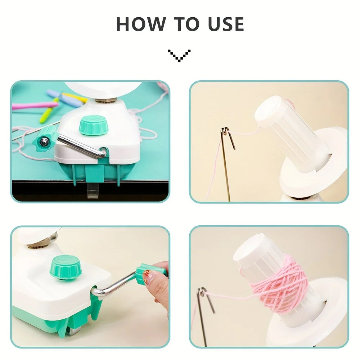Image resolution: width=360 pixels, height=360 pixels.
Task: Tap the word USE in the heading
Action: point(226,24)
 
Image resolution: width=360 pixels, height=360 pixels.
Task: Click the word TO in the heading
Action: point(186,24)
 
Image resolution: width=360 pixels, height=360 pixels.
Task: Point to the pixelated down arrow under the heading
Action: point(179,55)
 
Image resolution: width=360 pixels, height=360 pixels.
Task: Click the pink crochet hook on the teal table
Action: point(35,105)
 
